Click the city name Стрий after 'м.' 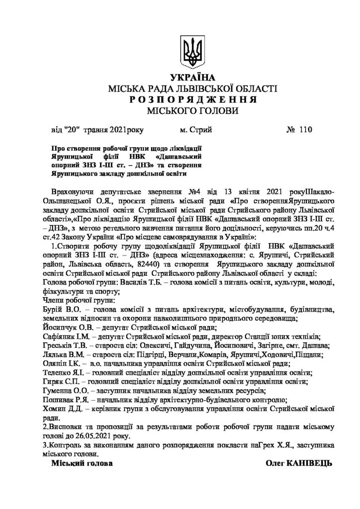(201, 130)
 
